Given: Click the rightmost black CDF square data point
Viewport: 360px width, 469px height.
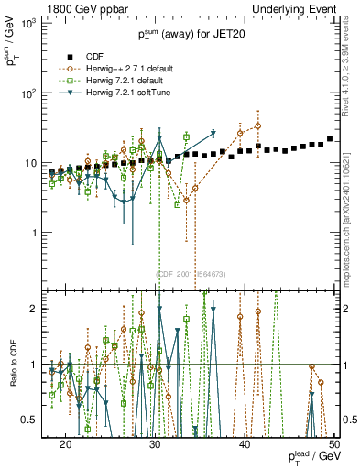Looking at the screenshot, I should point(330,139).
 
